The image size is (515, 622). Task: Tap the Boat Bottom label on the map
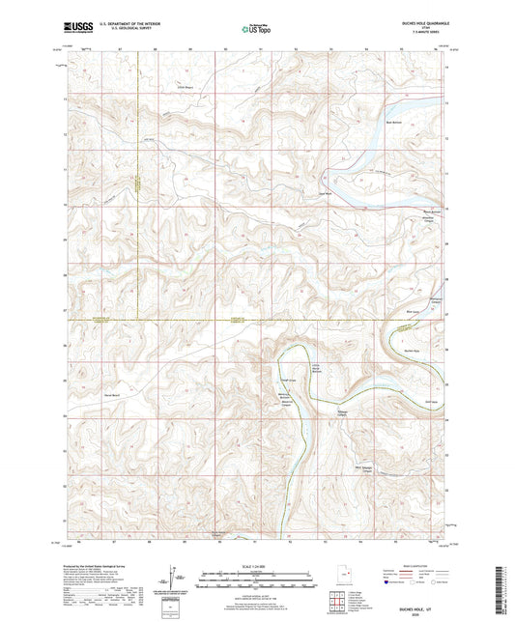coord(393,123)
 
